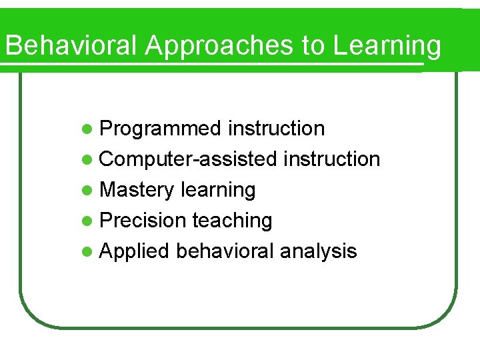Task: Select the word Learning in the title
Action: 387,46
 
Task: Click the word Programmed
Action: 160,128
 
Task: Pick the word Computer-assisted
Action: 188,159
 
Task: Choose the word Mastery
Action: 136,189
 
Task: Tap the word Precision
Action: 142,220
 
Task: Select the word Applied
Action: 135,251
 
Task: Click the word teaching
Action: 232,220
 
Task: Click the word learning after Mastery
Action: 217,189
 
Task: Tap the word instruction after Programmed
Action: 276,128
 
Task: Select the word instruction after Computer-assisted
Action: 331,159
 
